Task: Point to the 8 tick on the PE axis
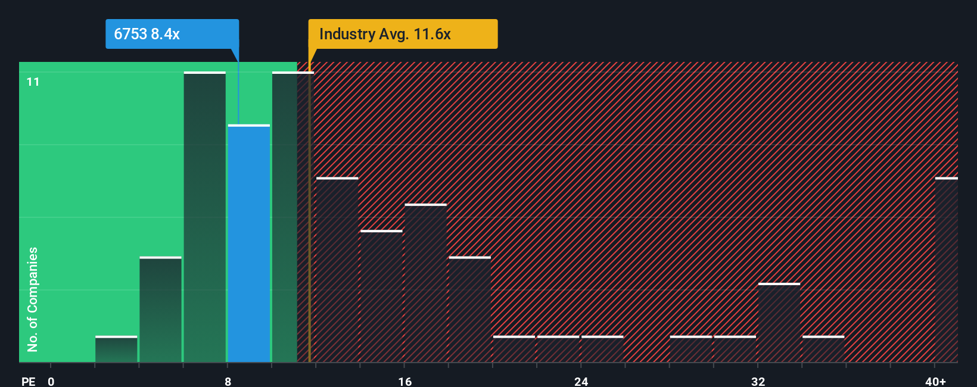pyautogui.click(x=228, y=381)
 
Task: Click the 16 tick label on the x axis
pyautogui.click(x=405, y=381)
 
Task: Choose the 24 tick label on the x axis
pyautogui.click(x=581, y=381)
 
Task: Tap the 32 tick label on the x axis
pyautogui.click(x=758, y=381)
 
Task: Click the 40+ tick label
pyautogui.click(x=935, y=381)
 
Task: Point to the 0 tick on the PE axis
pyautogui.click(x=51, y=381)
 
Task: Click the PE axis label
pyautogui.click(x=28, y=381)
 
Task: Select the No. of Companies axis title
pyautogui.click(x=33, y=299)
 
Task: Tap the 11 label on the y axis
pyautogui.click(x=33, y=82)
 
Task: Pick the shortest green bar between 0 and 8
pyautogui.click(x=116, y=349)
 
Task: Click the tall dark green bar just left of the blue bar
pyautogui.click(x=205, y=217)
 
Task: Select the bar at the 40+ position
pyautogui.click(x=946, y=270)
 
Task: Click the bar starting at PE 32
pyautogui.click(x=779, y=323)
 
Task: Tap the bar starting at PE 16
pyautogui.click(x=425, y=283)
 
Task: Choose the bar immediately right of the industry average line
pyautogui.click(x=337, y=270)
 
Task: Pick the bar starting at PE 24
pyautogui.click(x=602, y=349)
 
